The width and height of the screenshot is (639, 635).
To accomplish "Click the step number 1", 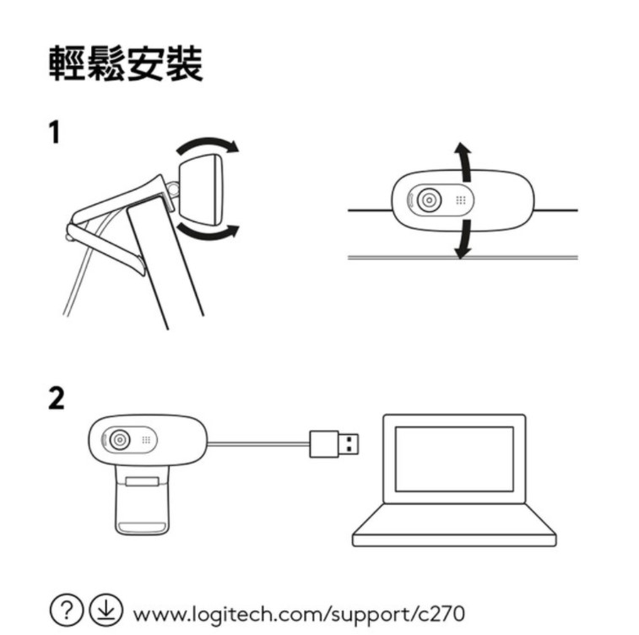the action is (55, 132).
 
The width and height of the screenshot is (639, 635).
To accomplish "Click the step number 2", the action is (57, 398).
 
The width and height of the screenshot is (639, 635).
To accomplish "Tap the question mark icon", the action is (67, 611).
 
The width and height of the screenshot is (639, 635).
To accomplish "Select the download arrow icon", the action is (106, 611).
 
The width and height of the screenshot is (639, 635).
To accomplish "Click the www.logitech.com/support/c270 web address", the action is (299, 614).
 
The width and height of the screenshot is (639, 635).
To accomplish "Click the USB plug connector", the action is (334, 444).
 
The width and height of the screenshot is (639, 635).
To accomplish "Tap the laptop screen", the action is (454, 459).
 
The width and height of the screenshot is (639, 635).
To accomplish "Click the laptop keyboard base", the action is (454, 525).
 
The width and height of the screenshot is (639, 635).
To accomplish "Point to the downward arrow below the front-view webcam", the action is (463, 239).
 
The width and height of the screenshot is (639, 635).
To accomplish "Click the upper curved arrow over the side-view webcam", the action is (208, 145).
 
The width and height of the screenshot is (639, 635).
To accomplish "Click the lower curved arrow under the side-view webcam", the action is (208, 232).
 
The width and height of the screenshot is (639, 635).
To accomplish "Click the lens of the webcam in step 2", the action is (120, 440).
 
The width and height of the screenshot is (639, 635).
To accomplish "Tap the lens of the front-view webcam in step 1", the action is (429, 200).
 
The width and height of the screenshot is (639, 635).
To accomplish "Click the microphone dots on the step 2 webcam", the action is (146, 440).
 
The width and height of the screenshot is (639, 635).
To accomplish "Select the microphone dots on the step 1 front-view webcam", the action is (461, 200).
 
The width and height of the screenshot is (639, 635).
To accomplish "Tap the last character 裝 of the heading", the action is (184, 64).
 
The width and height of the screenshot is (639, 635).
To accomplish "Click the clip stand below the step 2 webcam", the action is (142, 500).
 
